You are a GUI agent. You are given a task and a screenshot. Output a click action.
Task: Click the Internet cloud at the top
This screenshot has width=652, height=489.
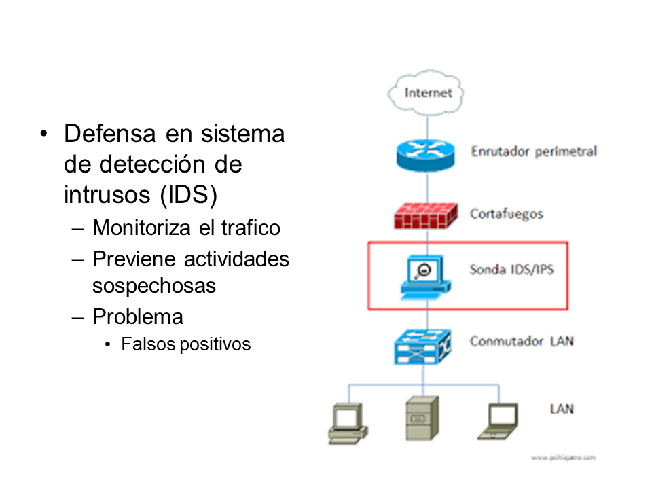pyautogui.click(x=427, y=92)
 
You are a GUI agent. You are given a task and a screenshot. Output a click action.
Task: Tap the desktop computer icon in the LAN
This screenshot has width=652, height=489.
pyautogui.click(x=348, y=422)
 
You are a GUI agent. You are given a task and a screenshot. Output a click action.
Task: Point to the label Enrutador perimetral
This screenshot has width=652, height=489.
pyautogui.click(x=534, y=151)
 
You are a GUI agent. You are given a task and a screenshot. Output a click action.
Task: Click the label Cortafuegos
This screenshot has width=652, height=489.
pyautogui.click(x=507, y=214)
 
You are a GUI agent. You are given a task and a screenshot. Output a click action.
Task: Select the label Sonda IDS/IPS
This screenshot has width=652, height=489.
pyautogui.click(x=511, y=270)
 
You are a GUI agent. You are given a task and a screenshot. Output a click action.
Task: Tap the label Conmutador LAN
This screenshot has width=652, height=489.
pyautogui.click(x=522, y=341)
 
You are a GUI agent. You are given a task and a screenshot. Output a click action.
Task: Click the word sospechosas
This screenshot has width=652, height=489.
pyautogui.click(x=154, y=286)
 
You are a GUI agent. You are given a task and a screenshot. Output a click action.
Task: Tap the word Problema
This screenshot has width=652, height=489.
pyautogui.click(x=138, y=316)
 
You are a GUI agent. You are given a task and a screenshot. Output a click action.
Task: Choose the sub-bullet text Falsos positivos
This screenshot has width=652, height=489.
pyautogui.click(x=186, y=344)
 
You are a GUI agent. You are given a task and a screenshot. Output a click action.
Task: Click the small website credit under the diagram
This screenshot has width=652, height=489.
pyautogui.click(x=563, y=458)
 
